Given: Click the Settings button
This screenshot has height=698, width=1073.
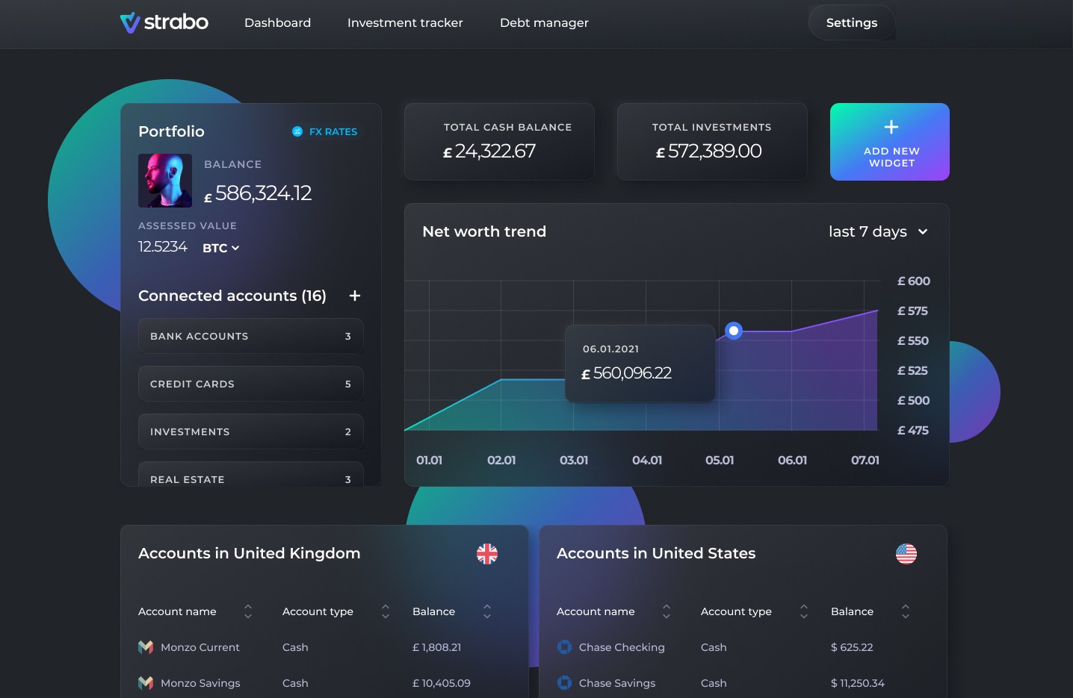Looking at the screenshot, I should (x=851, y=22).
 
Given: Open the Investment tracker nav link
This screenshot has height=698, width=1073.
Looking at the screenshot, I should (x=405, y=22).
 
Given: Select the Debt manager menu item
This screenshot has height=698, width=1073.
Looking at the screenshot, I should (x=544, y=22).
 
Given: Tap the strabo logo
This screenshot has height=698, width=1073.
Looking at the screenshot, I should (x=164, y=22).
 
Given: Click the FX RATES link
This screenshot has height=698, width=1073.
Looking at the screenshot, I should (x=325, y=131).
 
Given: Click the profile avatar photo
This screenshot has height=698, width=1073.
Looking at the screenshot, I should (x=165, y=180).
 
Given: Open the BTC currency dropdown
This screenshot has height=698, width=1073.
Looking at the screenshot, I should (x=220, y=248).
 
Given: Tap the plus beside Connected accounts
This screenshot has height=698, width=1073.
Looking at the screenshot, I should (x=355, y=296).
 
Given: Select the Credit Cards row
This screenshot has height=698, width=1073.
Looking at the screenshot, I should (x=250, y=384).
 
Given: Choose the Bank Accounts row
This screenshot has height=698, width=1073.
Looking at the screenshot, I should (x=250, y=336).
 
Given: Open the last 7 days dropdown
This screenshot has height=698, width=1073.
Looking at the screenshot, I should (x=878, y=231).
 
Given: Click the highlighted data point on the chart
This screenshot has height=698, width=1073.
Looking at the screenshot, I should (x=734, y=330).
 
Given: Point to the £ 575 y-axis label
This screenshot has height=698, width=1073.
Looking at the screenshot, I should (x=912, y=311).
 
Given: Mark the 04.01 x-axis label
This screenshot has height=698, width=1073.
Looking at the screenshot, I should (x=647, y=460).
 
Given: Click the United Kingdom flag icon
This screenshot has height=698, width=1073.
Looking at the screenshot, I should (x=487, y=553).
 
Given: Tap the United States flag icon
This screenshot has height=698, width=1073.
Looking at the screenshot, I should (x=906, y=553).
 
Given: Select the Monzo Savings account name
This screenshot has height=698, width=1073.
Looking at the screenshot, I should (x=200, y=683).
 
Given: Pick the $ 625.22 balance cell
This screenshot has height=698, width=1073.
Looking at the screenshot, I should (x=852, y=647).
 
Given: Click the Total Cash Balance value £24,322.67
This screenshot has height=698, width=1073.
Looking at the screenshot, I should (x=489, y=152).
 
